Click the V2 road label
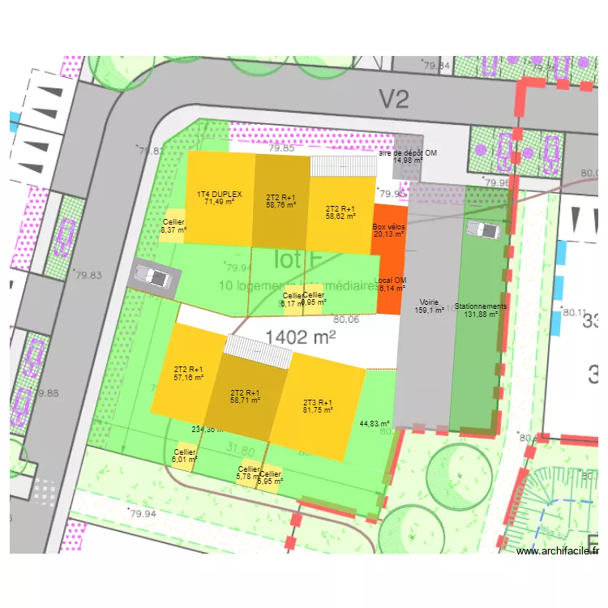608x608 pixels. tap(395, 100)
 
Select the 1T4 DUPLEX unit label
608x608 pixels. tap(219, 197)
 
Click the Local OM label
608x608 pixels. tap(390, 284)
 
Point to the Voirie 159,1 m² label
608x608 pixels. tap(429, 305)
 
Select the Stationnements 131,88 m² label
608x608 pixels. tap(481, 310)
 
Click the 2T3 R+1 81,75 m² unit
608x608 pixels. tap(317, 406)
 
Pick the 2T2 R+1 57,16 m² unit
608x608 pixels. tap(188, 372)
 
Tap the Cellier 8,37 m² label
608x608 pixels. tap(173, 226)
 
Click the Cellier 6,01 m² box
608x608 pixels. tap(184, 456)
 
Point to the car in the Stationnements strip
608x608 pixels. tap(486, 230)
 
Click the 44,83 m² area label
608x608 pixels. tap(375, 423)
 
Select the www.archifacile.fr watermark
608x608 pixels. tap(557, 551)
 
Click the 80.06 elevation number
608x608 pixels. tap(345, 319)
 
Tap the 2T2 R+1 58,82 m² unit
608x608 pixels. tap(340, 212)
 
